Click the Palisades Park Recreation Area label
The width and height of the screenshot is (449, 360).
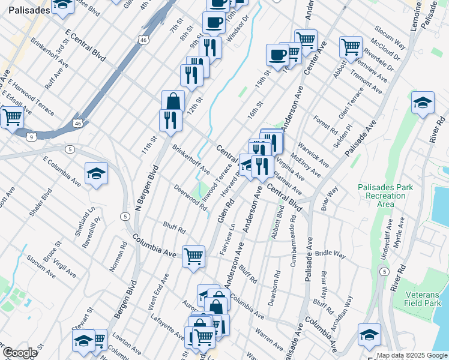385,196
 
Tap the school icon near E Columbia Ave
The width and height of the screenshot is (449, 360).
96,174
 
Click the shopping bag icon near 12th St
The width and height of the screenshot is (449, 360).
173,101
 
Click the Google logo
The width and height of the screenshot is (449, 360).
20,353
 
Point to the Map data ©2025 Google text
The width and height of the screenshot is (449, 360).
411,355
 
